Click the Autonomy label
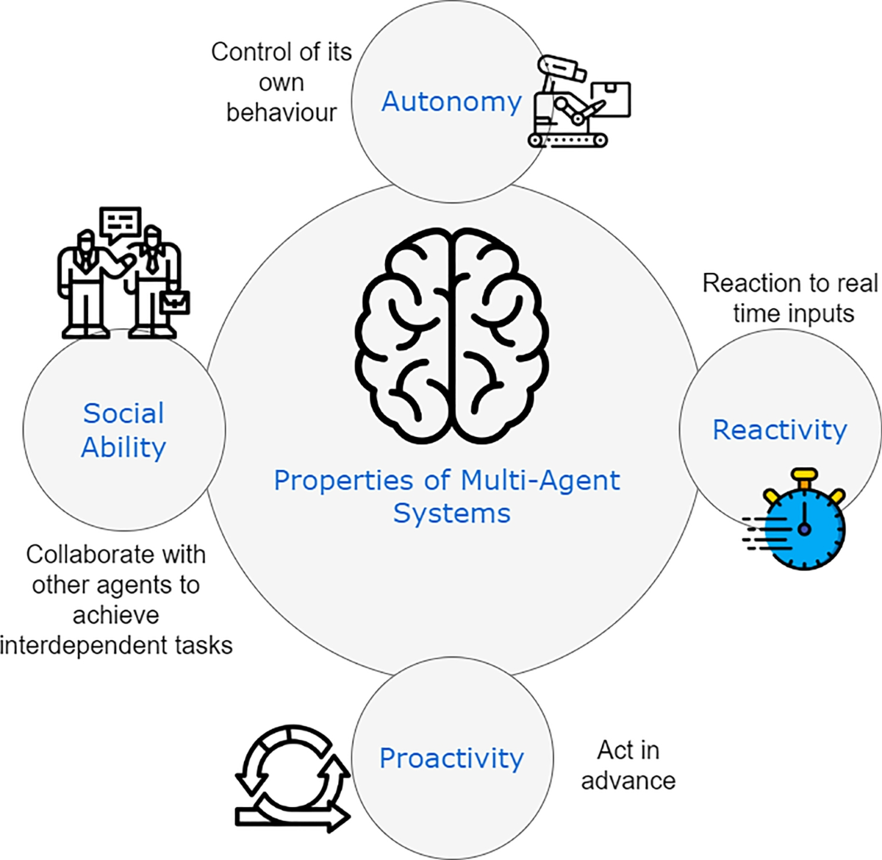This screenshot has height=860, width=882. click(x=451, y=102)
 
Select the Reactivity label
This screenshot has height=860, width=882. click(x=780, y=430)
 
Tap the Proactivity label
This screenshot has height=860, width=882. click(x=451, y=758)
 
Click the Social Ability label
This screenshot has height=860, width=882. click(x=123, y=430)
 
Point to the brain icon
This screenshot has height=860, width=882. click(x=452, y=335)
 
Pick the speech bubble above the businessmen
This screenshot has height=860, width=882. click(x=120, y=222)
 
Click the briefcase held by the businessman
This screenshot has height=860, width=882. click(x=175, y=302)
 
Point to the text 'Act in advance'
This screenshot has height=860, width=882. click(x=628, y=765)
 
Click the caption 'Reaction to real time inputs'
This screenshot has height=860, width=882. click(x=791, y=298)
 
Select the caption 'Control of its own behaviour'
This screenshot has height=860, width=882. click(x=282, y=82)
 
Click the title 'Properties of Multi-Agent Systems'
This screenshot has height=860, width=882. click(x=447, y=496)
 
